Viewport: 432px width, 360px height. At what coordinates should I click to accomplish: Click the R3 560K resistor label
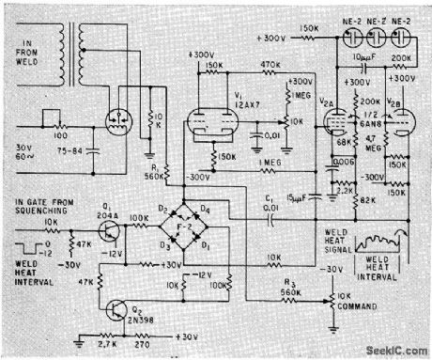tap(288, 287)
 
